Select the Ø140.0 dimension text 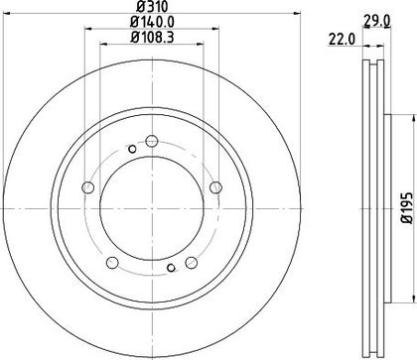(x=152, y=22)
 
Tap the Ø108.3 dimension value (x=152, y=37)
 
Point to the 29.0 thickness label (x=377, y=21)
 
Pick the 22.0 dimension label (x=342, y=40)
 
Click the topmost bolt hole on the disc (x=152, y=141)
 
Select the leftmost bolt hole (x=87, y=187)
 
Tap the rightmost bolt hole (x=215, y=187)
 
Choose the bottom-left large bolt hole (x=112, y=263)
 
